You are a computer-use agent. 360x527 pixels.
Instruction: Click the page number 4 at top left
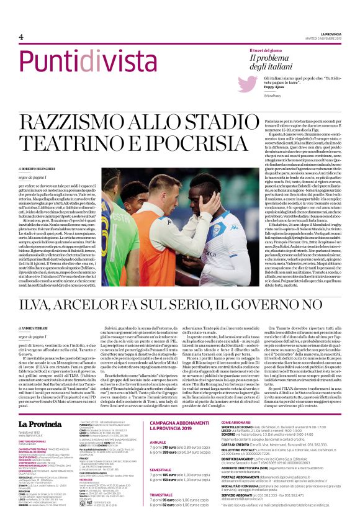[x=12, y=37]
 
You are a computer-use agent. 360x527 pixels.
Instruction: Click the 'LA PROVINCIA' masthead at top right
[x=335, y=34]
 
